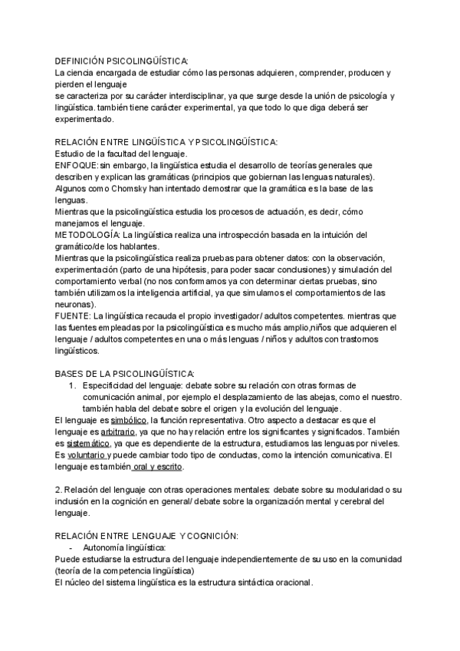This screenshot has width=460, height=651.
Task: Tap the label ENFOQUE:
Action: point(76,165)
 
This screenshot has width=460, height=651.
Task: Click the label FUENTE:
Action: point(74,316)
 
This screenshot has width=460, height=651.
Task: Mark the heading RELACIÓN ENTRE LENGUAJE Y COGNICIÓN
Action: point(146,536)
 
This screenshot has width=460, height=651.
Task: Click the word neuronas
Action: point(75,304)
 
